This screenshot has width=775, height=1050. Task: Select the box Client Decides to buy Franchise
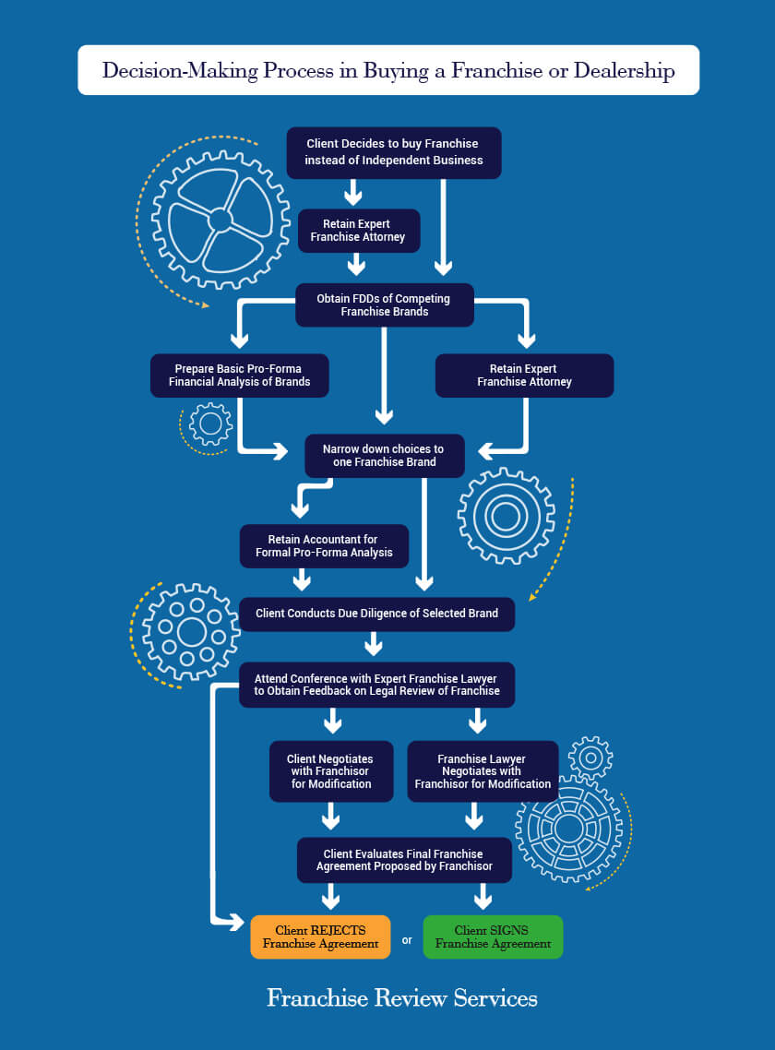pyautogui.click(x=394, y=152)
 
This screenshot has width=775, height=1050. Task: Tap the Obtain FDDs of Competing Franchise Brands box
pyautogui.click(x=385, y=304)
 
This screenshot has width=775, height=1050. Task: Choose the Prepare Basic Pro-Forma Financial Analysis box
pyautogui.click(x=239, y=375)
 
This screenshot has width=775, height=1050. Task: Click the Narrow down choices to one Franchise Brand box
pyautogui.click(x=385, y=456)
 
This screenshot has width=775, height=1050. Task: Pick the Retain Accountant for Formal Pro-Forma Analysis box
pyautogui.click(x=324, y=545)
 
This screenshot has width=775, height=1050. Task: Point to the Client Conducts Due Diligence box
pyautogui.click(x=377, y=614)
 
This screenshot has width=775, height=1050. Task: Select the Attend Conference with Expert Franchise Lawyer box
pyautogui.click(x=377, y=685)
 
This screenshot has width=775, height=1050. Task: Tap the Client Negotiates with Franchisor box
pyautogui.click(x=331, y=770)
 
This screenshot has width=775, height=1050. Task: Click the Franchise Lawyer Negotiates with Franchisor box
pyautogui.click(x=483, y=770)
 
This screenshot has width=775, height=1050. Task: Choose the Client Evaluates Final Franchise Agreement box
pyautogui.click(x=405, y=860)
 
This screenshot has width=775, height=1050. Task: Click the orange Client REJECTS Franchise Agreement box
pyautogui.click(x=320, y=937)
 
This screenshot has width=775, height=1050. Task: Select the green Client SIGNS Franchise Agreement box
pyautogui.click(x=493, y=937)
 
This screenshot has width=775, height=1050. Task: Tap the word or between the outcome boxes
pyautogui.click(x=407, y=940)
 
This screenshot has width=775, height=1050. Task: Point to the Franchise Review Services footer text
pyautogui.click(x=402, y=997)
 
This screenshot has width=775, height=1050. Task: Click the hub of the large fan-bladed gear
pyautogui.click(x=220, y=220)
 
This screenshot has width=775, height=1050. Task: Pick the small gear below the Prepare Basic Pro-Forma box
pyautogui.click(x=210, y=424)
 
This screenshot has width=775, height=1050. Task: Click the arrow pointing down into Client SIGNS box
pyautogui.click(x=483, y=896)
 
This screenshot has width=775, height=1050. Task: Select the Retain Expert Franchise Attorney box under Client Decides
pyautogui.click(x=358, y=231)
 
